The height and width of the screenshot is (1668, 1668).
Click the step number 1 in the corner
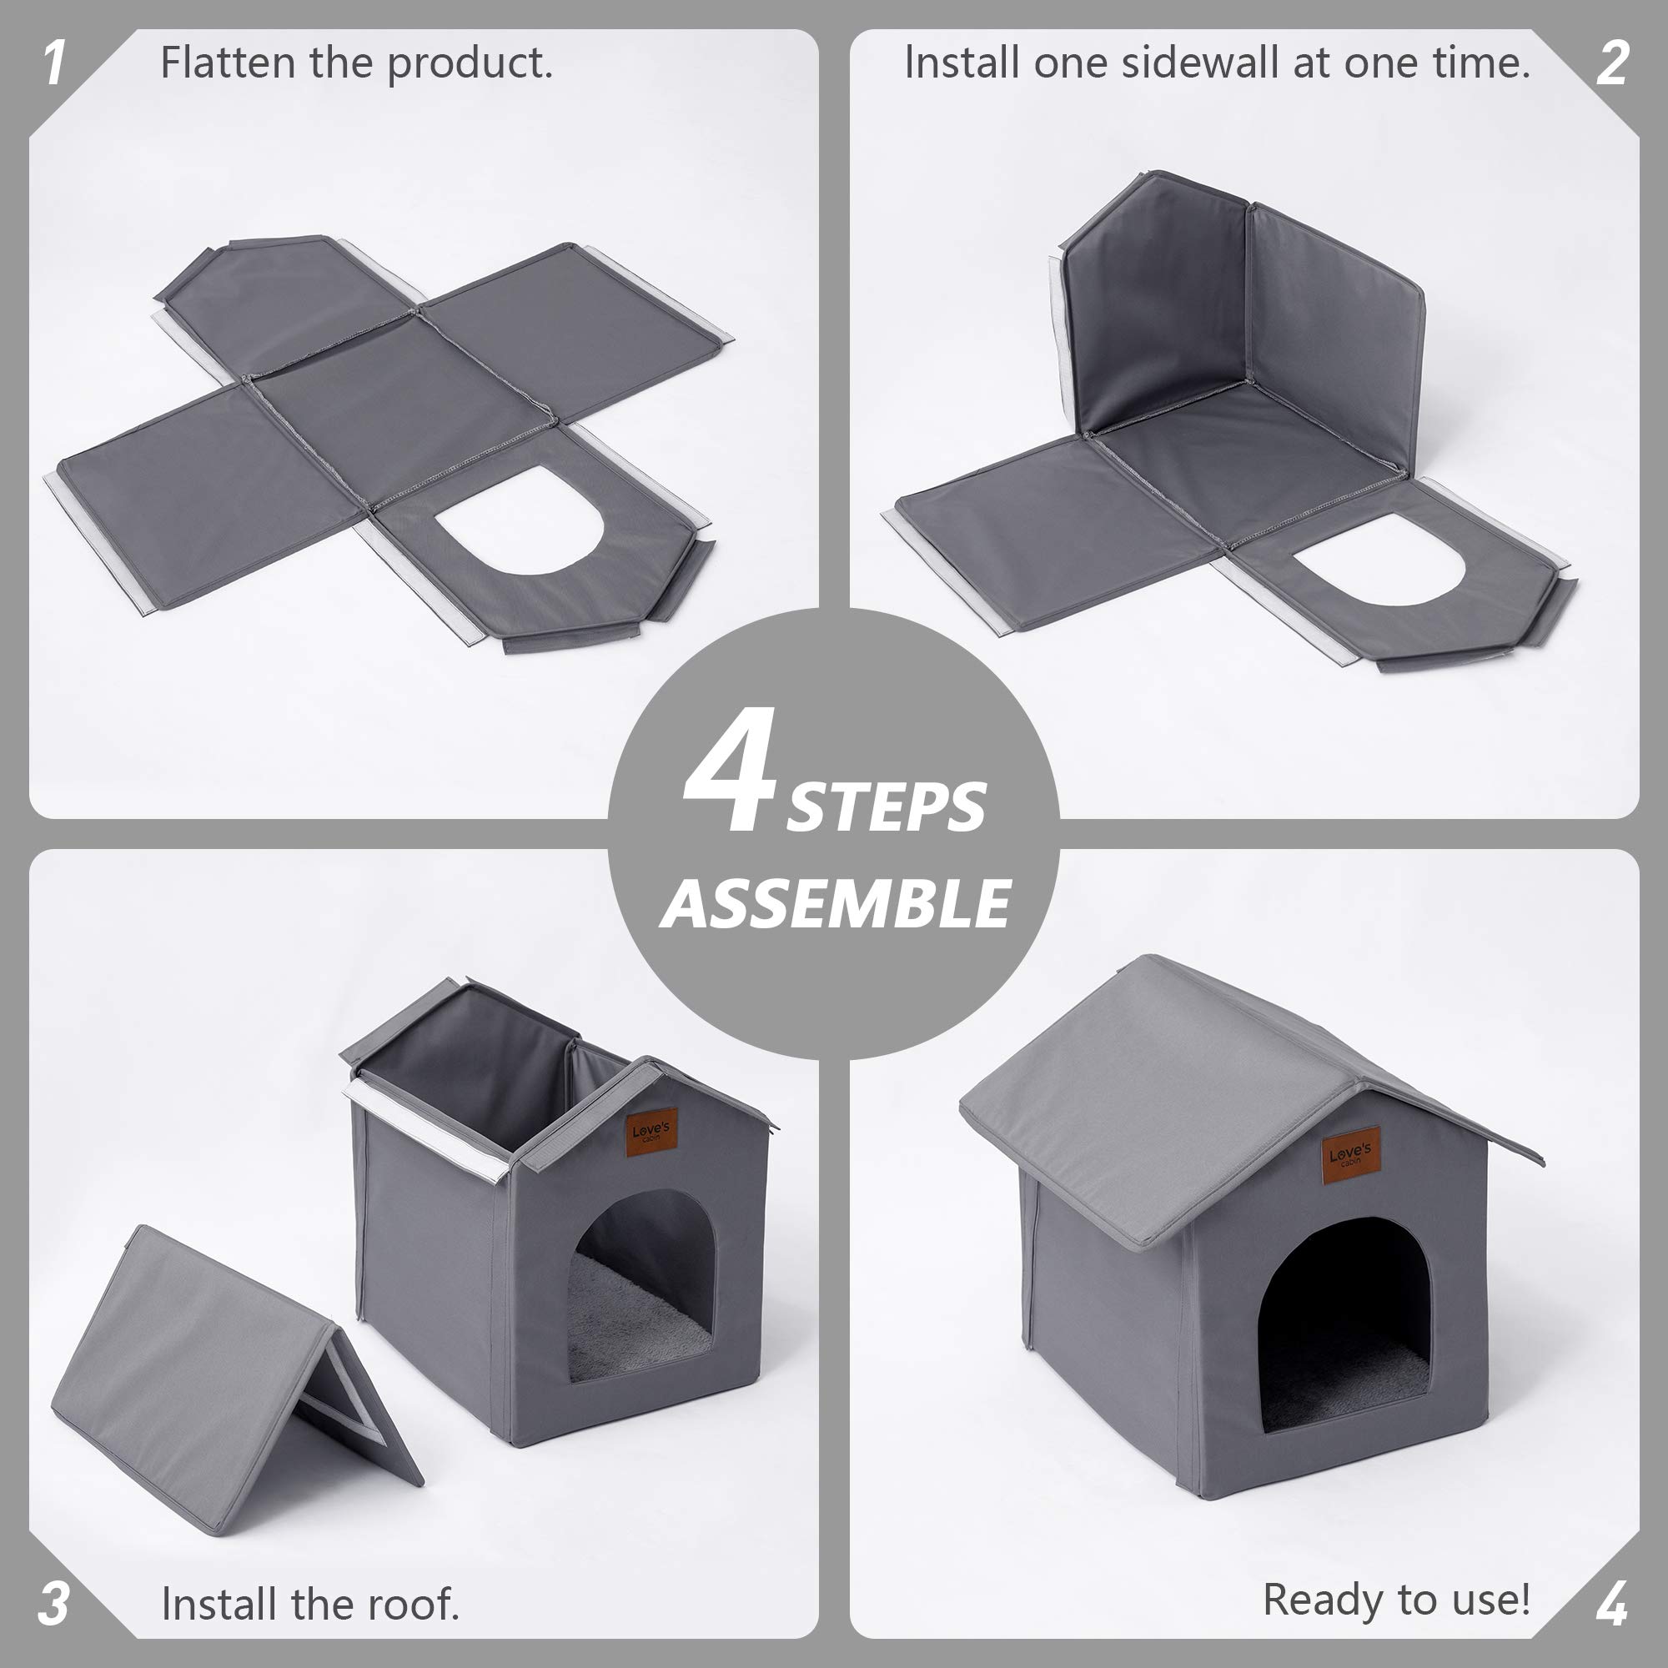tap(53, 64)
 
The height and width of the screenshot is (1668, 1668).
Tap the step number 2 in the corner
tap(1612, 64)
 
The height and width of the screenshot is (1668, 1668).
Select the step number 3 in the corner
tap(53, 1604)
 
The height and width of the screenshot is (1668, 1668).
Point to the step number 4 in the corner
tap(1611, 1604)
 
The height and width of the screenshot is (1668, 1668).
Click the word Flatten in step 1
tap(227, 63)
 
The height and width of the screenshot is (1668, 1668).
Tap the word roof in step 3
tap(412, 1604)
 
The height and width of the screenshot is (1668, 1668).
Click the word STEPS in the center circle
tap(886, 808)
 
